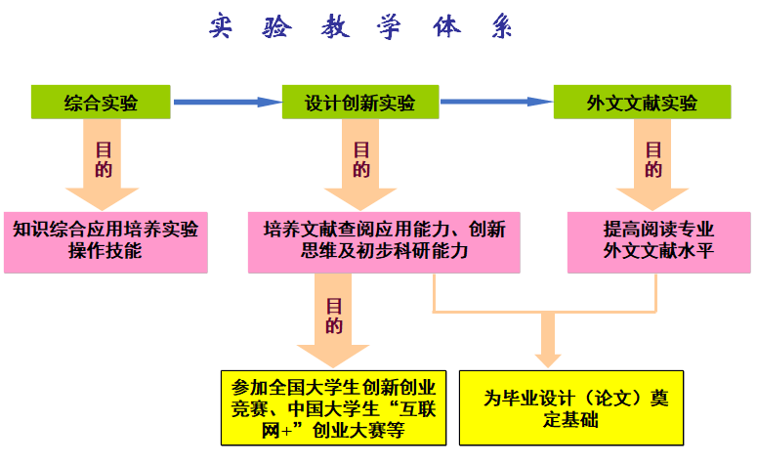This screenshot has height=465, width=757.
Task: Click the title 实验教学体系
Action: (x=360, y=27)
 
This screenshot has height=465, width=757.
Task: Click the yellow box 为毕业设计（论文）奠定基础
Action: (x=571, y=406)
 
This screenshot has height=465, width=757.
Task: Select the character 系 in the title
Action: (x=501, y=27)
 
